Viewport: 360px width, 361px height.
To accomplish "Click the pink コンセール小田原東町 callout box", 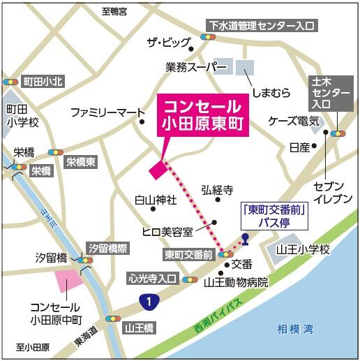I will pyautogui.click(x=203, y=116).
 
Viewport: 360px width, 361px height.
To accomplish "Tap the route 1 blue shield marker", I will pyautogui.click(x=147, y=301).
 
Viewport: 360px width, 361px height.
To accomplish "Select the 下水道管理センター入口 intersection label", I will pyautogui.click(x=261, y=26).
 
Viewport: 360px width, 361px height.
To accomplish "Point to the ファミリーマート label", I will pyautogui.click(x=107, y=112).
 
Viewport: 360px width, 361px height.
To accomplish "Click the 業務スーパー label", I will pyautogui.click(x=197, y=67).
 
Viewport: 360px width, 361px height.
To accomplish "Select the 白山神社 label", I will pyautogui.click(x=156, y=200).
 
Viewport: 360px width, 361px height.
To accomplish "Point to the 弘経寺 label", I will pyautogui.click(x=216, y=190).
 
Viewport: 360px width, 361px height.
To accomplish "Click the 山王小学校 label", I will pyautogui.click(x=302, y=249).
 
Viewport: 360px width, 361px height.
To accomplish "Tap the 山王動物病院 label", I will pyautogui.click(x=236, y=283).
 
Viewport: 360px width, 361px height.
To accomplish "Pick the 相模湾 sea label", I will pyautogui.click(x=294, y=328).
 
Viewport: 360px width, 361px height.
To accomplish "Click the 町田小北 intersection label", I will pyautogui.click(x=43, y=82).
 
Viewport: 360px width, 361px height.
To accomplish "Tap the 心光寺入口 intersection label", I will pyautogui.click(x=153, y=278).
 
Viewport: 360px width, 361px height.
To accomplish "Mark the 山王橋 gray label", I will pyautogui.click(x=140, y=326).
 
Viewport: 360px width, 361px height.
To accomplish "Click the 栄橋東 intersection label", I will pyautogui.click(x=82, y=162).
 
